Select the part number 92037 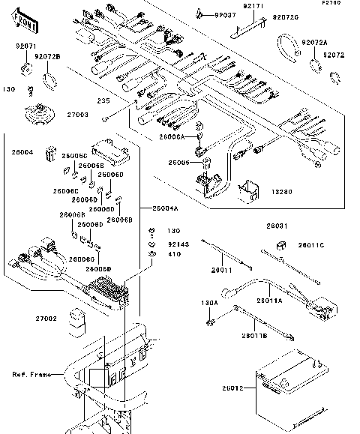coord(225,15)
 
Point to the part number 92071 coord(26,46)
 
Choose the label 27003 coord(78,115)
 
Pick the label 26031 coord(275,225)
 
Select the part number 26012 coord(232,388)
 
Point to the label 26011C coord(312,245)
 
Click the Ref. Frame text coord(29,374)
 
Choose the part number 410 coord(174,254)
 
